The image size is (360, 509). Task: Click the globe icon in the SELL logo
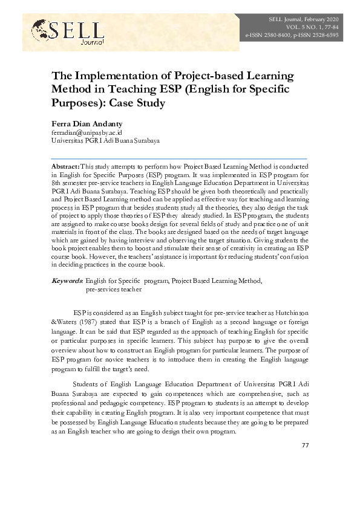[x=41, y=27]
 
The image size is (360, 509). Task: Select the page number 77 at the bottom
[x=305, y=446]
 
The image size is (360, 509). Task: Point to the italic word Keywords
[x=67, y=281]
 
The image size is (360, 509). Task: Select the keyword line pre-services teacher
[x=114, y=290]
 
